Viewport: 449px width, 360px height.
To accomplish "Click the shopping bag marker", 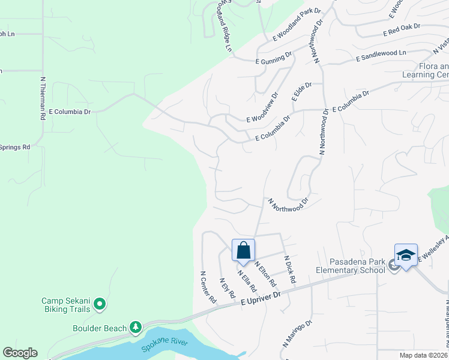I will (x=244, y=250).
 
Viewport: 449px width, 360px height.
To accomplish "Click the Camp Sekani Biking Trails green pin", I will (x=100, y=305).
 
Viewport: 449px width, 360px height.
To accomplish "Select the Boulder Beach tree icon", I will (x=136, y=328).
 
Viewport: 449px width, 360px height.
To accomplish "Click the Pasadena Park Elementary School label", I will (x=357, y=266).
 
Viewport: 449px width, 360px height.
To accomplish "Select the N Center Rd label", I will (x=208, y=287).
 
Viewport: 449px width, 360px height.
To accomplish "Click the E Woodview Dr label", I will (x=263, y=107).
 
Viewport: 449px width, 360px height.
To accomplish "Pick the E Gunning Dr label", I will (x=273, y=57).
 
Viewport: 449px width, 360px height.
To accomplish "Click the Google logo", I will (x=20, y=353).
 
